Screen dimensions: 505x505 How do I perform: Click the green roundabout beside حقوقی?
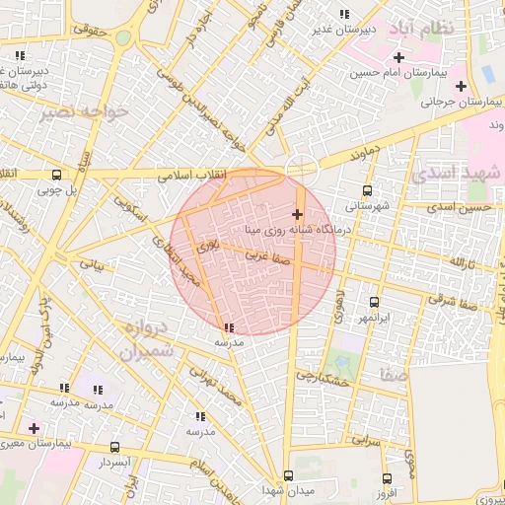(x=122, y=38)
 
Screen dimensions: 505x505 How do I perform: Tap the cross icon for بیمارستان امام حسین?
(x=397, y=57)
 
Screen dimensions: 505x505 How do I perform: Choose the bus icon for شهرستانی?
(x=368, y=191)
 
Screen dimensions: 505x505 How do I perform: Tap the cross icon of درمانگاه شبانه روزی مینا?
(x=297, y=214)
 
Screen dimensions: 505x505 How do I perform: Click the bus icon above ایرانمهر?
(x=374, y=303)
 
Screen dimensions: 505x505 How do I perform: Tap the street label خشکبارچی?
(x=323, y=377)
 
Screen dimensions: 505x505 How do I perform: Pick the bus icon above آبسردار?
(x=114, y=447)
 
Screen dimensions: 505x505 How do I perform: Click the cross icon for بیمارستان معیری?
(x=34, y=428)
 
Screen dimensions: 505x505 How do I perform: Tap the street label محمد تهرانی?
(x=219, y=387)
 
